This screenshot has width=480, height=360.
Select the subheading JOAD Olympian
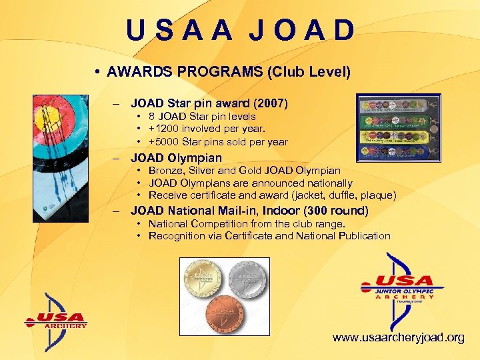(176, 158)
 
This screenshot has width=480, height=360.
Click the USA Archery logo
(57, 321)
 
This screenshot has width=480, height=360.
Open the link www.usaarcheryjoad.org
(399, 338)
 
